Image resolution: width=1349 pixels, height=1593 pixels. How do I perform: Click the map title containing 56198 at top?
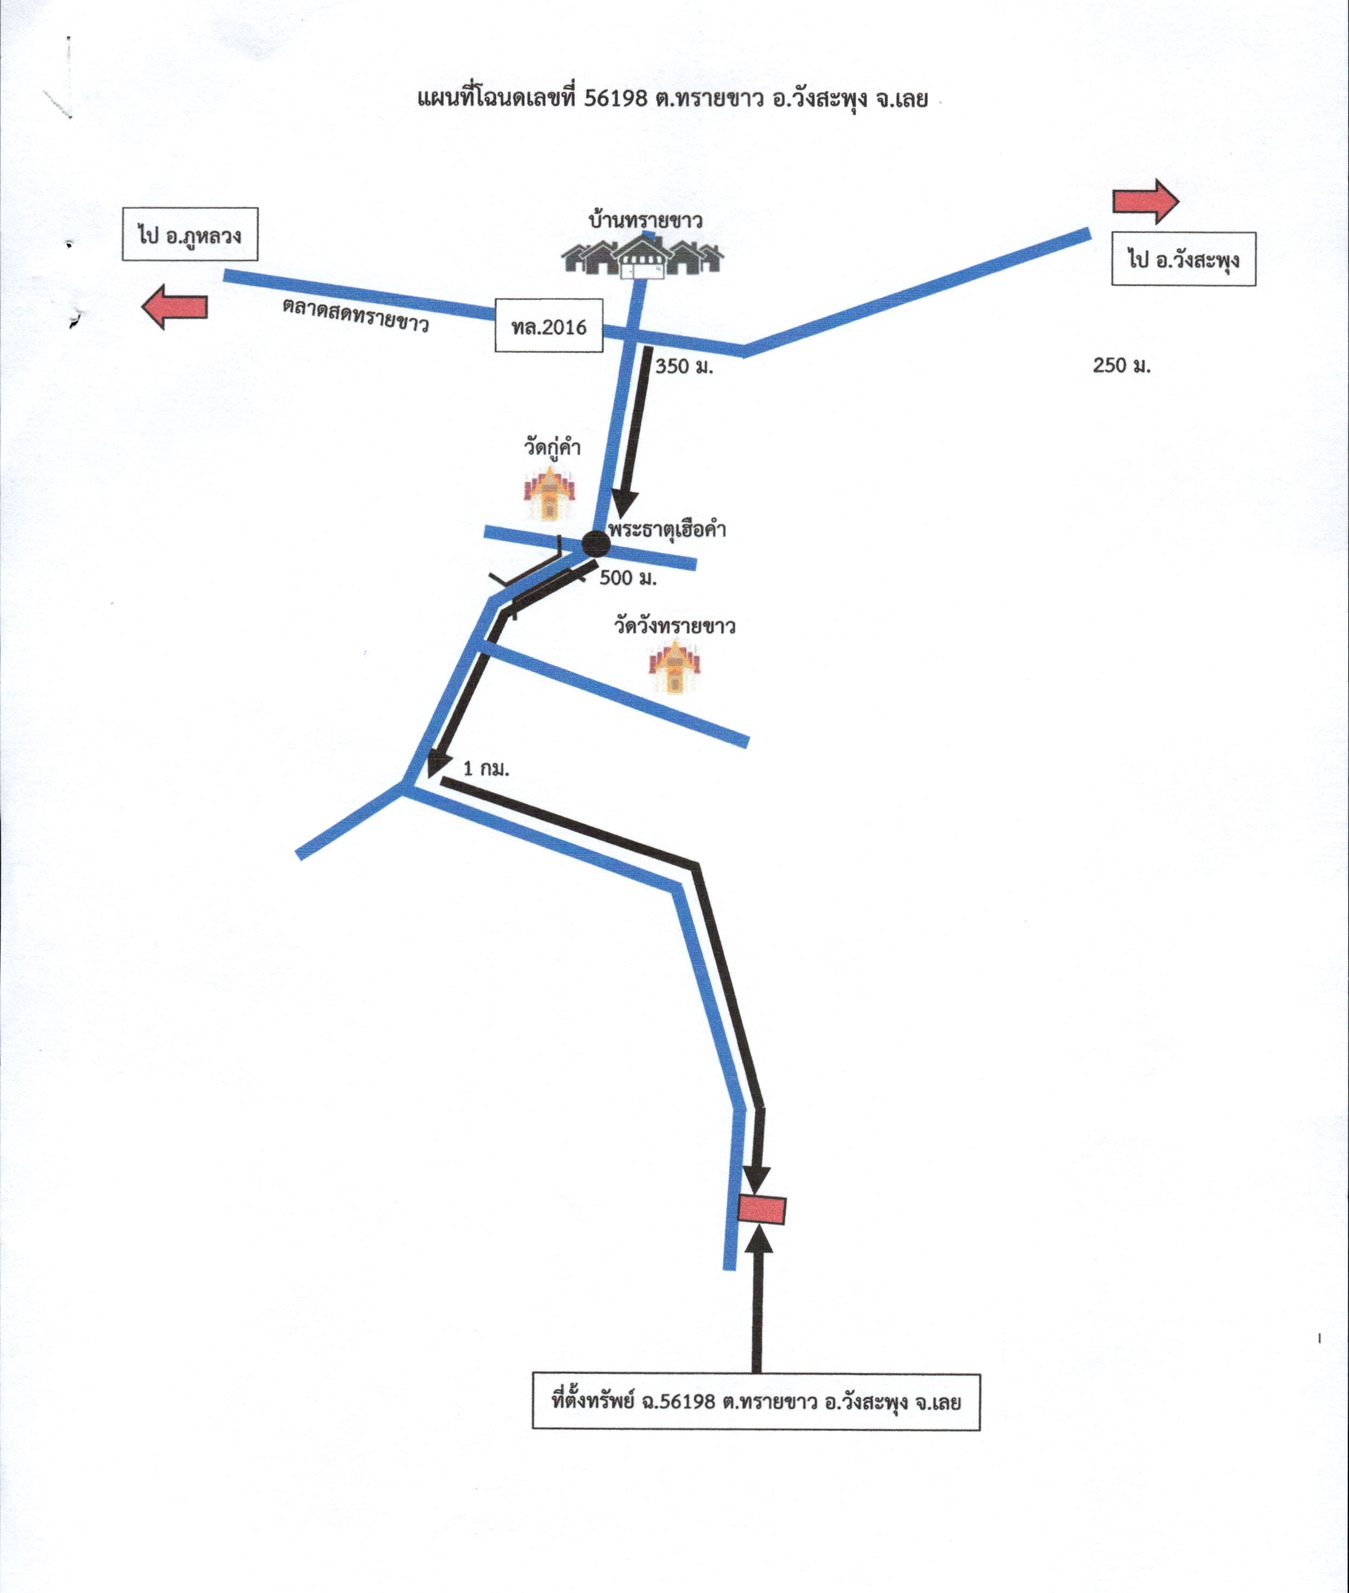tap(673, 99)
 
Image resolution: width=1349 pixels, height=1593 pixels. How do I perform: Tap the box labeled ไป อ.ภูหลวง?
tap(190, 234)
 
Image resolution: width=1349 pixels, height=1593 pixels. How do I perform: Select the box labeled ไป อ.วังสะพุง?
tap(1183, 259)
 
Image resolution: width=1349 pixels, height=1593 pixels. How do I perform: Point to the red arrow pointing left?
tap(175, 307)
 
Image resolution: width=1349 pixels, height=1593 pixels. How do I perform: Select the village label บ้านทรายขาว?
tap(645, 221)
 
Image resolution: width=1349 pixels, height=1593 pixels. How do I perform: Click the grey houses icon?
tap(643, 258)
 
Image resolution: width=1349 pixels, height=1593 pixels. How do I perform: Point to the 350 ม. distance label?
tap(684, 367)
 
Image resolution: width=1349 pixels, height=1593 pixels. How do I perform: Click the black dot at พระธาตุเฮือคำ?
tap(596, 544)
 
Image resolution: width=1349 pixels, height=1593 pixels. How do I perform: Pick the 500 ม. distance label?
tap(628, 578)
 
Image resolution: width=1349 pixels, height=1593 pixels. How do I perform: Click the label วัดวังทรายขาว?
tap(674, 626)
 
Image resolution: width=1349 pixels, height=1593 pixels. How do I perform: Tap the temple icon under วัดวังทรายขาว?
tap(674, 666)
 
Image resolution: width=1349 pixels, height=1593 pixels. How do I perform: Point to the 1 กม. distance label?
tap(486, 769)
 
